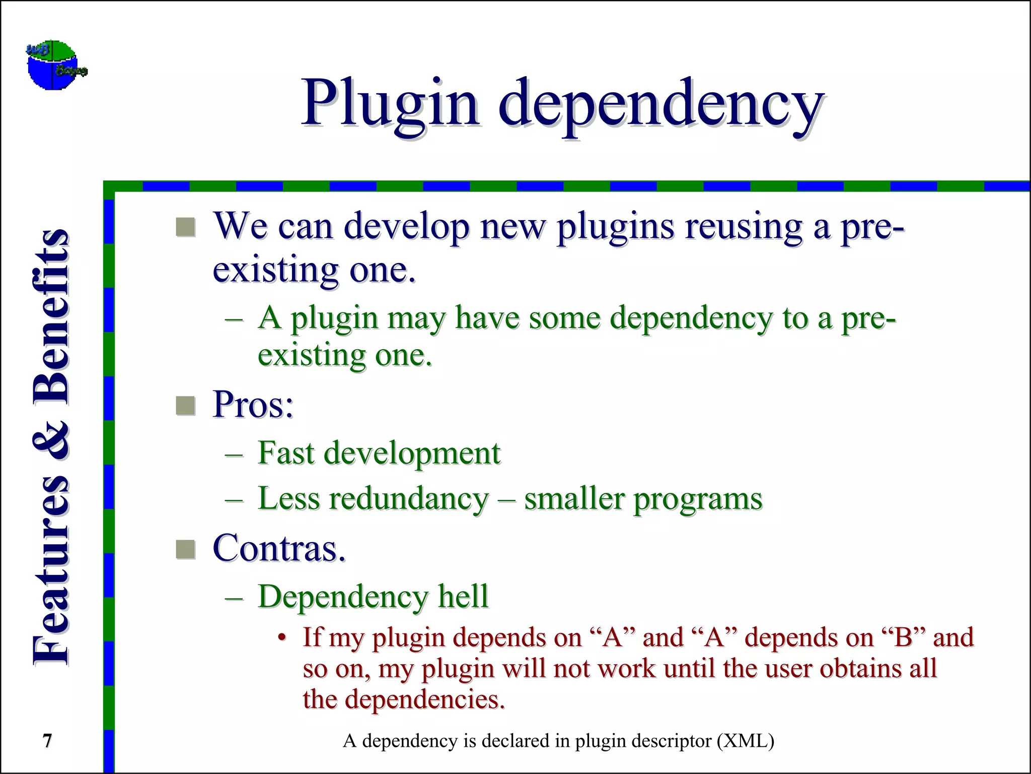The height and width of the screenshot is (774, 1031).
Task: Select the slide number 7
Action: coord(47,741)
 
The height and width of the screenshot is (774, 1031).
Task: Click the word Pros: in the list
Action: coord(253,405)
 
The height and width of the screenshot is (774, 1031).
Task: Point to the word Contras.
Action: coord(279,548)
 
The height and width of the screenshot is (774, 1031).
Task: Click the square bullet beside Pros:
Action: coord(185,406)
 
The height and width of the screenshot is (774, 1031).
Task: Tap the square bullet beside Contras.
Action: coord(185,549)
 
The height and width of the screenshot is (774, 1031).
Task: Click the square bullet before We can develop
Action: coord(185,227)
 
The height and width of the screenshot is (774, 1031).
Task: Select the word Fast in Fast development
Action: coord(286,453)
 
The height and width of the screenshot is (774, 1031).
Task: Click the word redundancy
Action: coord(409,499)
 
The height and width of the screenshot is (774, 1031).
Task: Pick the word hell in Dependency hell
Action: coord(463,596)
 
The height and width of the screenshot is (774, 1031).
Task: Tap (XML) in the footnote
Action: coord(746,741)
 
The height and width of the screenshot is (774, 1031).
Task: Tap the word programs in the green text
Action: coord(698,500)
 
